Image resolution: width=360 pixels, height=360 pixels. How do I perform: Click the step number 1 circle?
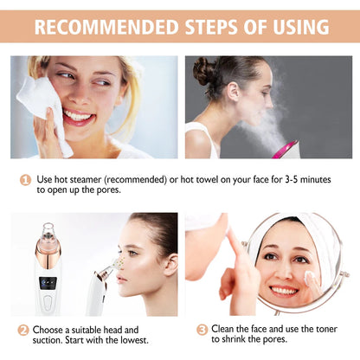coord(24,178)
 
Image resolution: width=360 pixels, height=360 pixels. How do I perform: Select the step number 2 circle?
coord(24,330)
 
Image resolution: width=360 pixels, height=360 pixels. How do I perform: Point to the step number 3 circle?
coord(202,330)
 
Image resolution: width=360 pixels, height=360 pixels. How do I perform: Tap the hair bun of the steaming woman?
coord(205,71)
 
